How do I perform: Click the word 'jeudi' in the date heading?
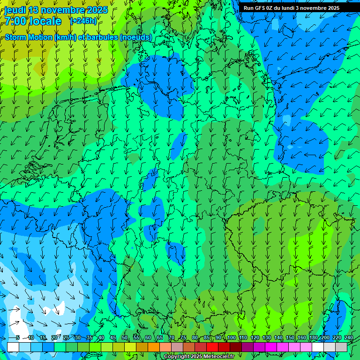tap(15, 10)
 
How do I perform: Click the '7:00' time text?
tap(15, 21)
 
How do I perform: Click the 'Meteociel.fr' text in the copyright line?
tap(219, 357)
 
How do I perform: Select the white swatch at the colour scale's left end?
tap(13, 347)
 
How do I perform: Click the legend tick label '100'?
tap(232, 337)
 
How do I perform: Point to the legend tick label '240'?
tap(348, 337)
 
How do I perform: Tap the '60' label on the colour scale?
tap(148, 337)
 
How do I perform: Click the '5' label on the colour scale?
tap(18, 337)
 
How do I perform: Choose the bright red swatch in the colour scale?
tap(212, 347)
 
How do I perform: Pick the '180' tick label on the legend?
tap(313, 337)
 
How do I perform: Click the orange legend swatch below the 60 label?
tap(154, 347)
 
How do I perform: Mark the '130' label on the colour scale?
tap(267, 337)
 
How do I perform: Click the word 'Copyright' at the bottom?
tap(176, 357)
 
